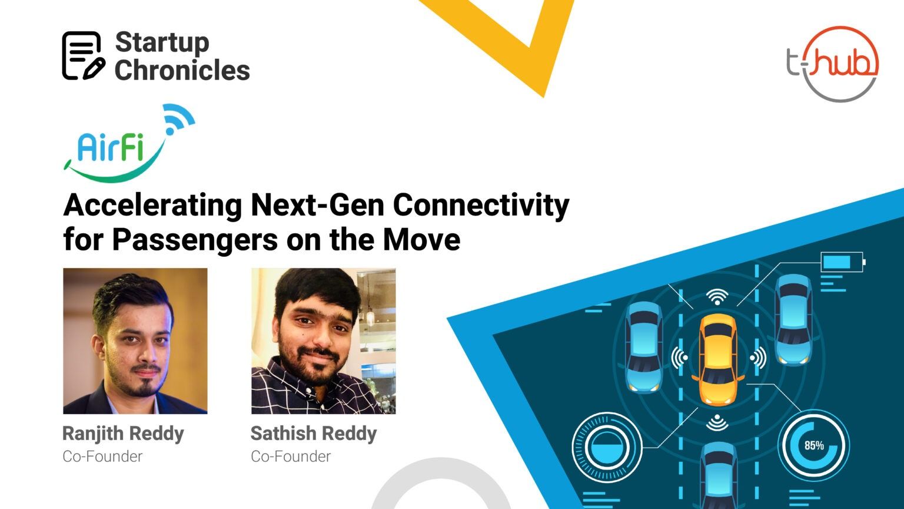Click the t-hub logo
(832, 64)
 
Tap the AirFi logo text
(111, 148)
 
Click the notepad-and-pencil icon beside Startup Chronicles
(84, 55)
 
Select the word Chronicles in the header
(182, 70)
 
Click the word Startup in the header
(162, 42)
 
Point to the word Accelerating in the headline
(152, 206)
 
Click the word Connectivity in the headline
(481, 206)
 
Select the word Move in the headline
(421, 239)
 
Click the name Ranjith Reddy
(123, 434)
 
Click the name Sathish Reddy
(314, 434)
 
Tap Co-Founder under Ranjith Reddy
(102, 457)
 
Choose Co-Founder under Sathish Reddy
(291, 457)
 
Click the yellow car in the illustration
(718, 359)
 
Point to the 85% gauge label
(814, 445)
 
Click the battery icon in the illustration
(843, 262)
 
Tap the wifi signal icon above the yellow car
(717, 296)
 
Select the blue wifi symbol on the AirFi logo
(179, 118)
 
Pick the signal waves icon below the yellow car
(717, 422)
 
